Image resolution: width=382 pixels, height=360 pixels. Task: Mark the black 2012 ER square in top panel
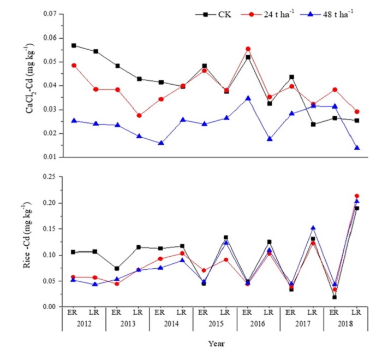(x=73, y=45)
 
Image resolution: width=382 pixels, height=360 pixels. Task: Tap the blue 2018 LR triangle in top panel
(x=357, y=147)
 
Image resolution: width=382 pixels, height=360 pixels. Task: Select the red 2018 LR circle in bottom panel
(x=357, y=196)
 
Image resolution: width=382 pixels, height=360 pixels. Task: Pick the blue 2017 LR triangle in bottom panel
(x=313, y=228)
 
